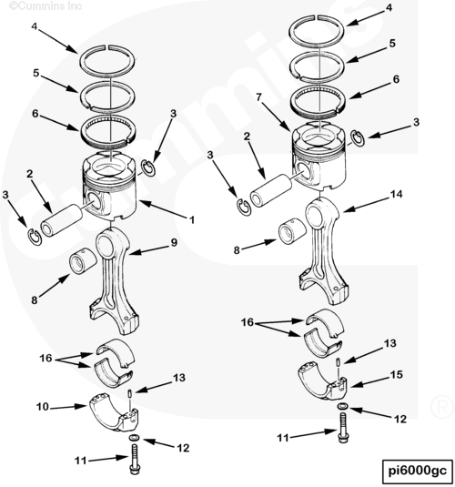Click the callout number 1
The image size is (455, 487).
point(192,220)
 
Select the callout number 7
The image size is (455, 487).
point(259,97)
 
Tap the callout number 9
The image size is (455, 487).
point(174,242)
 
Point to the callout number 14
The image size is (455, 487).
point(396,194)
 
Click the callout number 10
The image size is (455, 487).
point(43,407)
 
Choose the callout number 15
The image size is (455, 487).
point(396,374)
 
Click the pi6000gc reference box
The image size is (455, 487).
point(417,472)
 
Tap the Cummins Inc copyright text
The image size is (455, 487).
point(45,5)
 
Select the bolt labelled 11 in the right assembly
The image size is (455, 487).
point(342,428)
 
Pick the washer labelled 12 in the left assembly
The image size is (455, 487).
point(134,438)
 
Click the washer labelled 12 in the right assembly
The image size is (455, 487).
point(343,406)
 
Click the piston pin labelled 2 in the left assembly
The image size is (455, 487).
point(61,221)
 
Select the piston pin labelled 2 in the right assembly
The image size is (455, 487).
point(271,190)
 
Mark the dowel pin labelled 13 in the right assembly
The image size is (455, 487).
point(339,361)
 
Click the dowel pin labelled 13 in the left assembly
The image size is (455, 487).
point(129,394)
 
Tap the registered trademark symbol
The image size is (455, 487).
point(442,407)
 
